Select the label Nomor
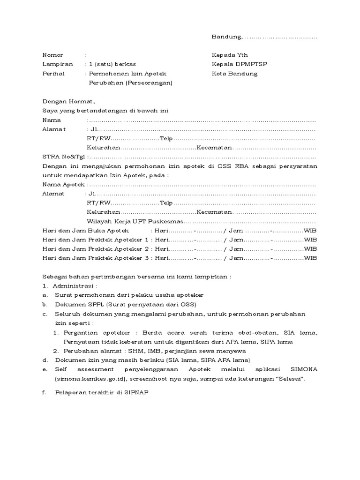(x=52, y=55)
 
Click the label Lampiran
(x=55, y=64)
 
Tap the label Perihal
(x=53, y=74)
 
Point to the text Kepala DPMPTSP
(x=240, y=64)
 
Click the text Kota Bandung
(x=234, y=74)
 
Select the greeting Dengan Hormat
(x=68, y=101)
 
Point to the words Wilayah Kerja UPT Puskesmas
(x=136, y=221)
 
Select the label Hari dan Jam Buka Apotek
(x=86, y=231)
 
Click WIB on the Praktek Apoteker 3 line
(x=310, y=258)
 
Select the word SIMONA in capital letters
(x=303, y=369)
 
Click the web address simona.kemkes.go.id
(x=91, y=378)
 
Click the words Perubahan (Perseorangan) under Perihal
(x=131, y=83)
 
